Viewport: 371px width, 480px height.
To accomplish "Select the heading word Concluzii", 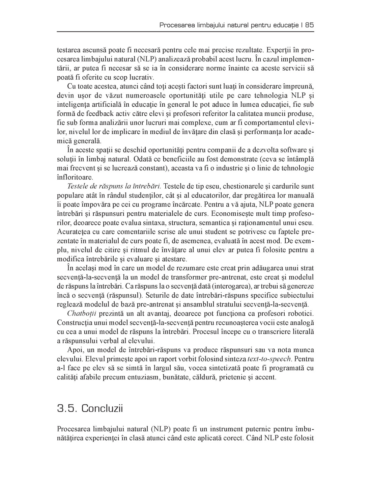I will [x=102, y=408].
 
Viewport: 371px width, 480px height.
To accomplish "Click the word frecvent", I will [x=84, y=168].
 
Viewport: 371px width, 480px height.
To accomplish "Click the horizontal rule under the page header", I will [x=185, y=32].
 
